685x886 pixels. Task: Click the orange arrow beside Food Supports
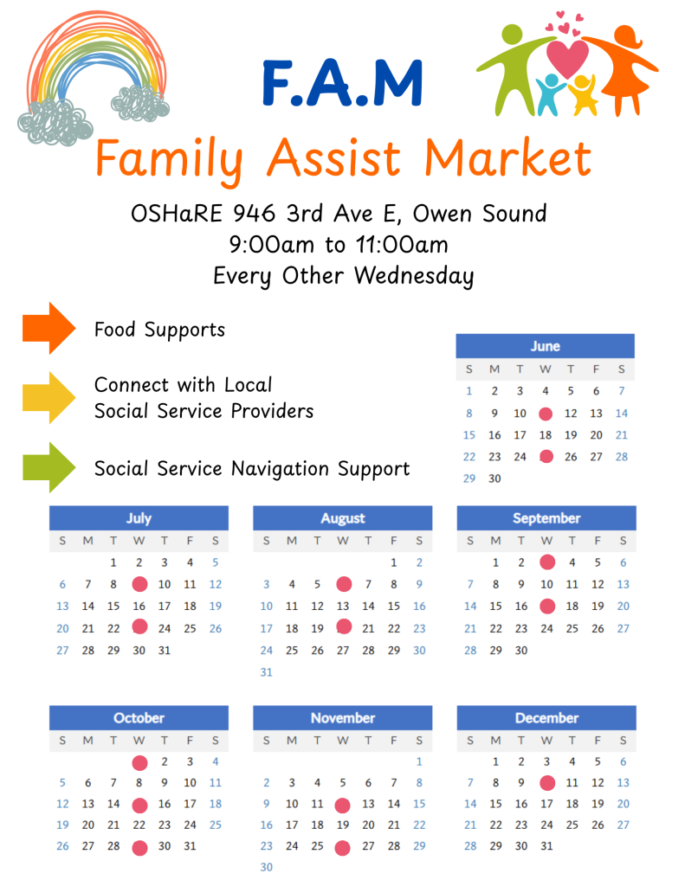point(48,328)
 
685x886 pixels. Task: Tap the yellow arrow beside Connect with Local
point(48,398)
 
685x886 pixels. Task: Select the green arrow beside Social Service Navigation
point(48,467)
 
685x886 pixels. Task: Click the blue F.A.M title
point(343,83)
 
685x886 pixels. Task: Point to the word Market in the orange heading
point(508,159)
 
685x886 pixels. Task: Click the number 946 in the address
point(254,214)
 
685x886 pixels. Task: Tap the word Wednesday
point(414,276)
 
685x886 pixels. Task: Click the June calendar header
point(546,346)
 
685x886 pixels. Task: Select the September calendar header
point(546,518)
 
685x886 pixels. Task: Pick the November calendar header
point(343,717)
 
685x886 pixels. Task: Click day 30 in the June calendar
point(494,478)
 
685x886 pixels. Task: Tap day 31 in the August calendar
point(267,672)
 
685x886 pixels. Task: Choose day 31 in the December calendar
point(546,846)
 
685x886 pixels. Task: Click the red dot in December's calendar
point(547,783)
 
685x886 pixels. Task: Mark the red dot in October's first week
point(139,763)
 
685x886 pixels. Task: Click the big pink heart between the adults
point(567,57)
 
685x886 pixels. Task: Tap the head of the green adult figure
point(513,35)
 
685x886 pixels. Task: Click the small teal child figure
point(550,94)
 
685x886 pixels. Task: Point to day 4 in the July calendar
point(190,562)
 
